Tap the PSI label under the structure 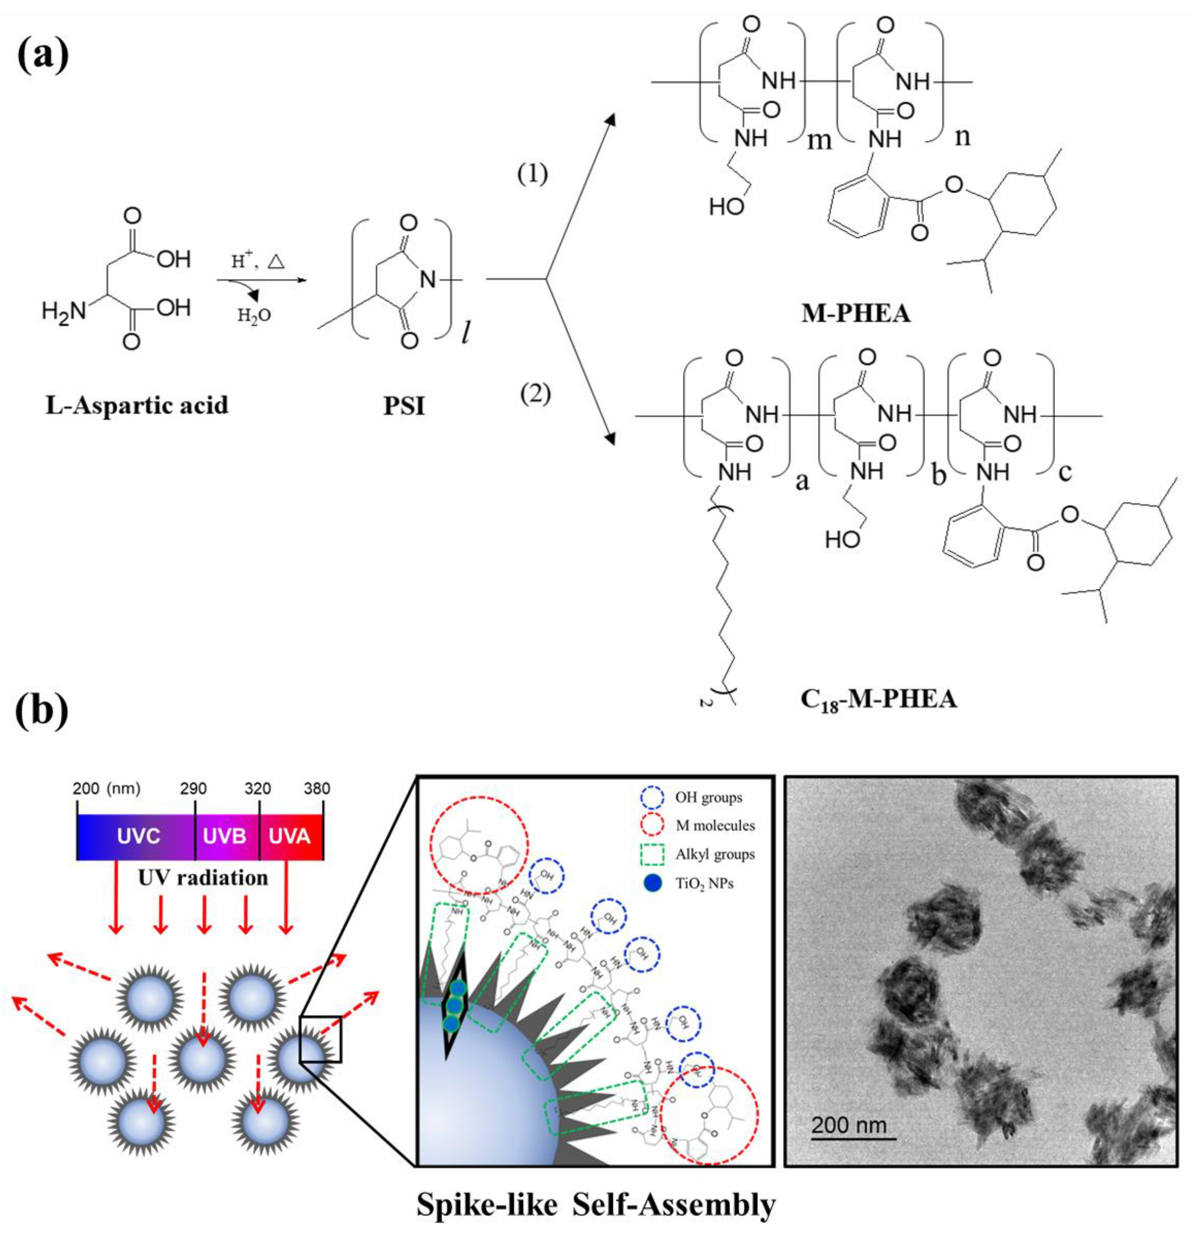tap(404, 407)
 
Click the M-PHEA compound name tap(855, 313)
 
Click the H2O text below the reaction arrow tap(254, 314)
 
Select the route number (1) tap(533, 174)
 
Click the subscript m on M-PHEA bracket tap(819, 140)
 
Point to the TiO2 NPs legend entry tap(704, 884)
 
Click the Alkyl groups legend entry tap(715, 854)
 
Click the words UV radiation tap(204, 877)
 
